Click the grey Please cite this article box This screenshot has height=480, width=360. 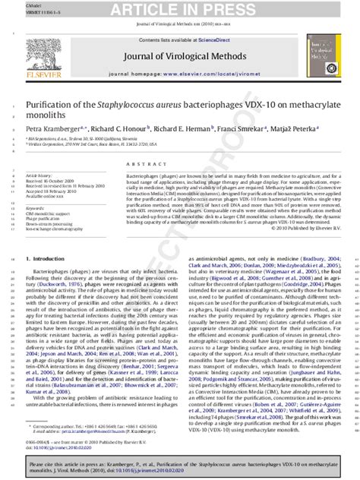(181, 466)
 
